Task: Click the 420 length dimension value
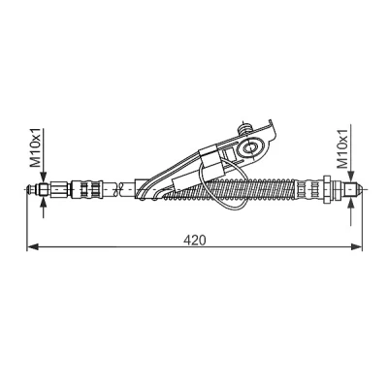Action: (194, 240)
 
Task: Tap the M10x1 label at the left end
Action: (35, 147)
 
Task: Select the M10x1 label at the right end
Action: (341, 148)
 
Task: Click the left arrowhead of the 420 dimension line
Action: (33, 247)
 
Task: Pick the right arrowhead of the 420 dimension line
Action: (356, 247)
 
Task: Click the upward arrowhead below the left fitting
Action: (44, 202)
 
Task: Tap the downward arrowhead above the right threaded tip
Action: (351, 178)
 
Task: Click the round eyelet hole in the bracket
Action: (250, 147)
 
